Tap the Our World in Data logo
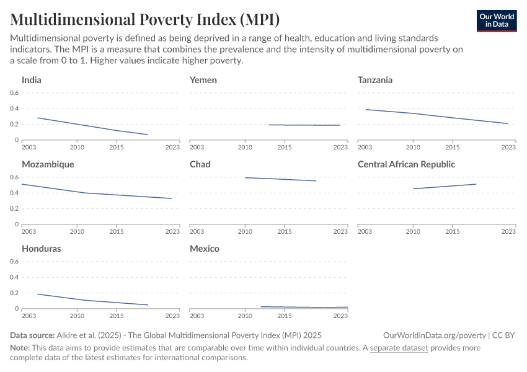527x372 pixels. coord(497,21)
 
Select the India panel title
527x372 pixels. coord(32,80)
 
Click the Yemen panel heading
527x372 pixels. coord(203,80)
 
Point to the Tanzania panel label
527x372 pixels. coord(375,80)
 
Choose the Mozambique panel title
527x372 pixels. coord(48,164)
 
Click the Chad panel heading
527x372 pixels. coord(200,164)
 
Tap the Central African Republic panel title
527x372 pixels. coord(406,164)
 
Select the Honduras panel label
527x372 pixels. coord(41,249)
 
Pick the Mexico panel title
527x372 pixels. coord(204,249)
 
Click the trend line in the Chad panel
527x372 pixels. coord(281,179)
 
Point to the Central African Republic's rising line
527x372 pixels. coord(445,186)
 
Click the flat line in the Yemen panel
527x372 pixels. coord(304,125)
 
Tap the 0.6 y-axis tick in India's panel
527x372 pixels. coord(14,93)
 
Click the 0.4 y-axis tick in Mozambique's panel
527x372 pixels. coord(14,193)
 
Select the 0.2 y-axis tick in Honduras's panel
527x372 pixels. coord(14,293)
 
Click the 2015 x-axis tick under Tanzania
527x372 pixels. coord(453,147)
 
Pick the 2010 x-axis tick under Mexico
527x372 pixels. coord(246,316)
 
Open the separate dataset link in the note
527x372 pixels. coord(399,348)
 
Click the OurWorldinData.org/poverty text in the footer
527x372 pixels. coord(435,335)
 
